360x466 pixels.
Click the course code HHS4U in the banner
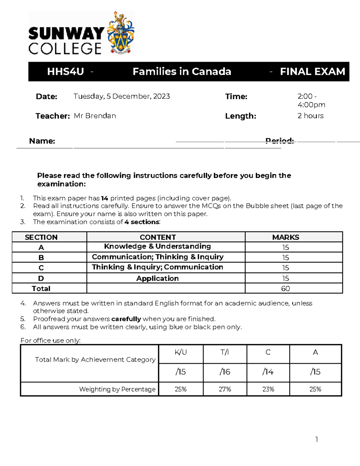click(65, 72)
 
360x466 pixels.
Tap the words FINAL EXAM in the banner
click(312, 72)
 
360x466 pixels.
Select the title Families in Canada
click(182, 72)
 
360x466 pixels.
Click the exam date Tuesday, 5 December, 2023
click(121, 96)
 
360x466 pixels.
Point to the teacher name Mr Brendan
click(95, 116)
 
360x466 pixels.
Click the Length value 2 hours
click(310, 116)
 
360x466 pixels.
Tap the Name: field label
click(42, 141)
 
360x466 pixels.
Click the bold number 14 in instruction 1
click(104, 198)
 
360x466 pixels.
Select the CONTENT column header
click(158, 237)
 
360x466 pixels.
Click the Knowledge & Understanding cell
click(157, 246)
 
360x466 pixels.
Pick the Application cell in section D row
click(157, 278)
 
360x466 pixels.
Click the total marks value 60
click(285, 289)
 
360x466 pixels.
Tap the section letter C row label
click(41, 268)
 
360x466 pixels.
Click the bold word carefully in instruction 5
click(126, 319)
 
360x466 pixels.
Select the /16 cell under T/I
click(225, 372)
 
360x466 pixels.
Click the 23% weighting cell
click(268, 389)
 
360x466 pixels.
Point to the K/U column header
click(181, 352)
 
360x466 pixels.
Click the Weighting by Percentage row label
click(117, 389)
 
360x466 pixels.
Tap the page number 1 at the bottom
click(316, 440)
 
